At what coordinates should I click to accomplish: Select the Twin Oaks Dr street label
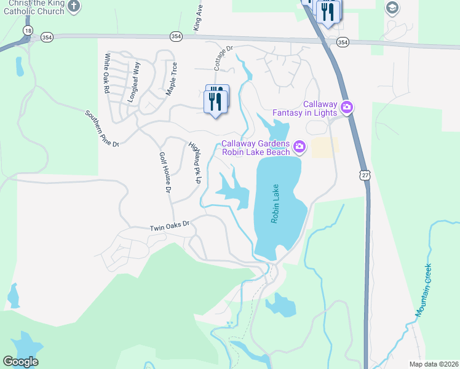click(x=172, y=228)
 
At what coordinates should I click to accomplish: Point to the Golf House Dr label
click(x=164, y=173)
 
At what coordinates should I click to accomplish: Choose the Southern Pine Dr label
click(x=101, y=128)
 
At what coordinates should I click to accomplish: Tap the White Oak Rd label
click(x=106, y=73)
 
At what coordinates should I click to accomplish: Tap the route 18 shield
click(x=27, y=30)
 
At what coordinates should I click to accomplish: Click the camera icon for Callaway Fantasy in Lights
click(x=347, y=108)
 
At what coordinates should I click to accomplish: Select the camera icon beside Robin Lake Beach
click(x=299, y=146)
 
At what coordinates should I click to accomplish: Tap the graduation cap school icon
click(x=392, y=8)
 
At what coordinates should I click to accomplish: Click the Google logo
click(x=20, y=362)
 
